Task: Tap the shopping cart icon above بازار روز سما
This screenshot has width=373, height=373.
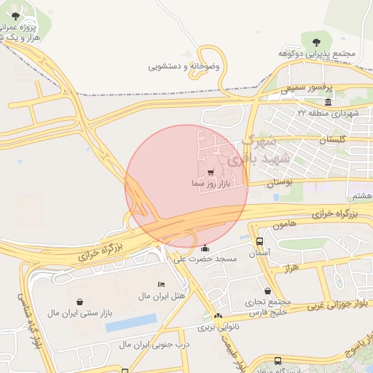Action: [211, 173]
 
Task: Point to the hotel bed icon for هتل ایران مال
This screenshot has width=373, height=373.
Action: [161, 284]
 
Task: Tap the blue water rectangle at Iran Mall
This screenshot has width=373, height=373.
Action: [131, 323]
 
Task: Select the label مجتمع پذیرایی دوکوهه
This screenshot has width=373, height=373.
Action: [317, 54]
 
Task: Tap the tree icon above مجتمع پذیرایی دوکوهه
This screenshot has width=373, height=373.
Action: [315, 42]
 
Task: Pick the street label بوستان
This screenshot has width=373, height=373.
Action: [278, 183]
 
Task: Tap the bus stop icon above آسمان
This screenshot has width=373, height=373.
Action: [260, 241]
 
